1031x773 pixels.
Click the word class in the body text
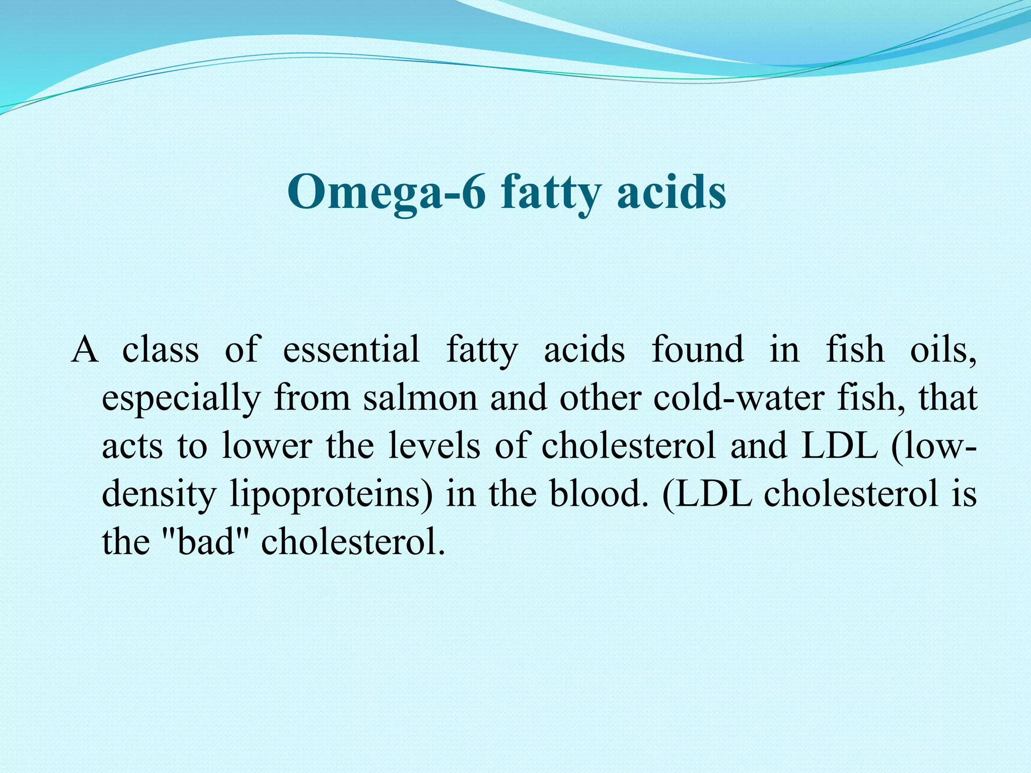pos(161,349)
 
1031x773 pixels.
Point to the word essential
pos(351,349)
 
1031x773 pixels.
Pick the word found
pos(697,349)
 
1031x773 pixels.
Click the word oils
pos(943,349)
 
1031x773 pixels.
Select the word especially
pos(181,398)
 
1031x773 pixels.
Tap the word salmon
pos(420,398)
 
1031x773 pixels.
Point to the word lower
pos(267,446)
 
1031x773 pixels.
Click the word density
pos(159,494)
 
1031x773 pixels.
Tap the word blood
pos(598,493)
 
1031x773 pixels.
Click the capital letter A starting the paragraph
pos(84,349)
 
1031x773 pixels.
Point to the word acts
pos(132,446)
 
